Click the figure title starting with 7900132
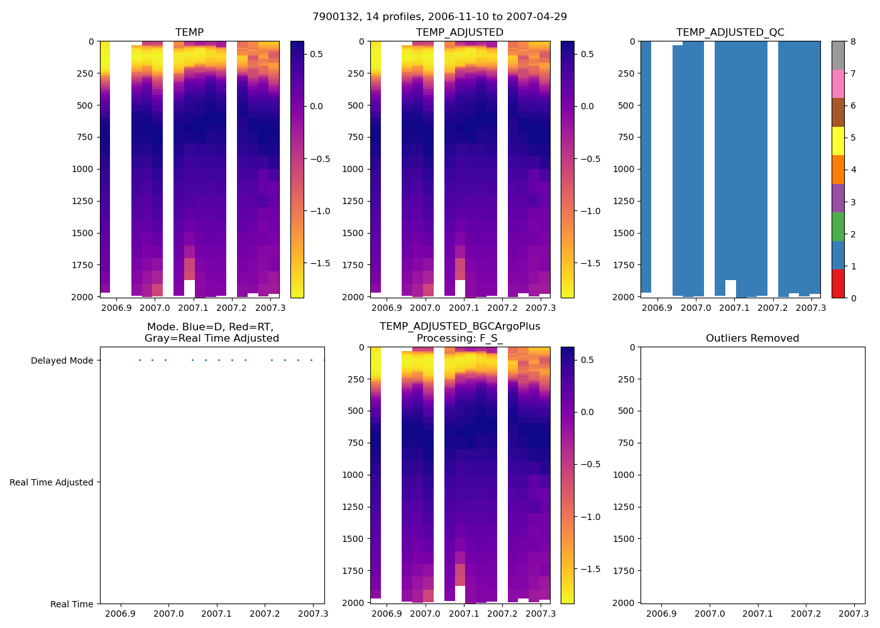coord(439,17)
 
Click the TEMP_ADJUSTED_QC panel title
coord(730,33)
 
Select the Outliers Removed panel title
coord(752,338)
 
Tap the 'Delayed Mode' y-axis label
coord(62,361)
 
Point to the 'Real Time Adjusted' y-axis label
coord(52,483)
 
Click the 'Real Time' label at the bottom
coord(72,605)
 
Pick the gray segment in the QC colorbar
coord(837,55)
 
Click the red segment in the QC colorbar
coord(837,283)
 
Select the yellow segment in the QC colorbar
coord(837,141)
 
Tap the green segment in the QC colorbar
coord(837,227)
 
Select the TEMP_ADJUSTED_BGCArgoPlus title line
coord(459,327)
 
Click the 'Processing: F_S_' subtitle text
coord(459,338)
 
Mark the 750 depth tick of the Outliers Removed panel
coord(627,443)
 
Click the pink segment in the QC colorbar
coord(837,84)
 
